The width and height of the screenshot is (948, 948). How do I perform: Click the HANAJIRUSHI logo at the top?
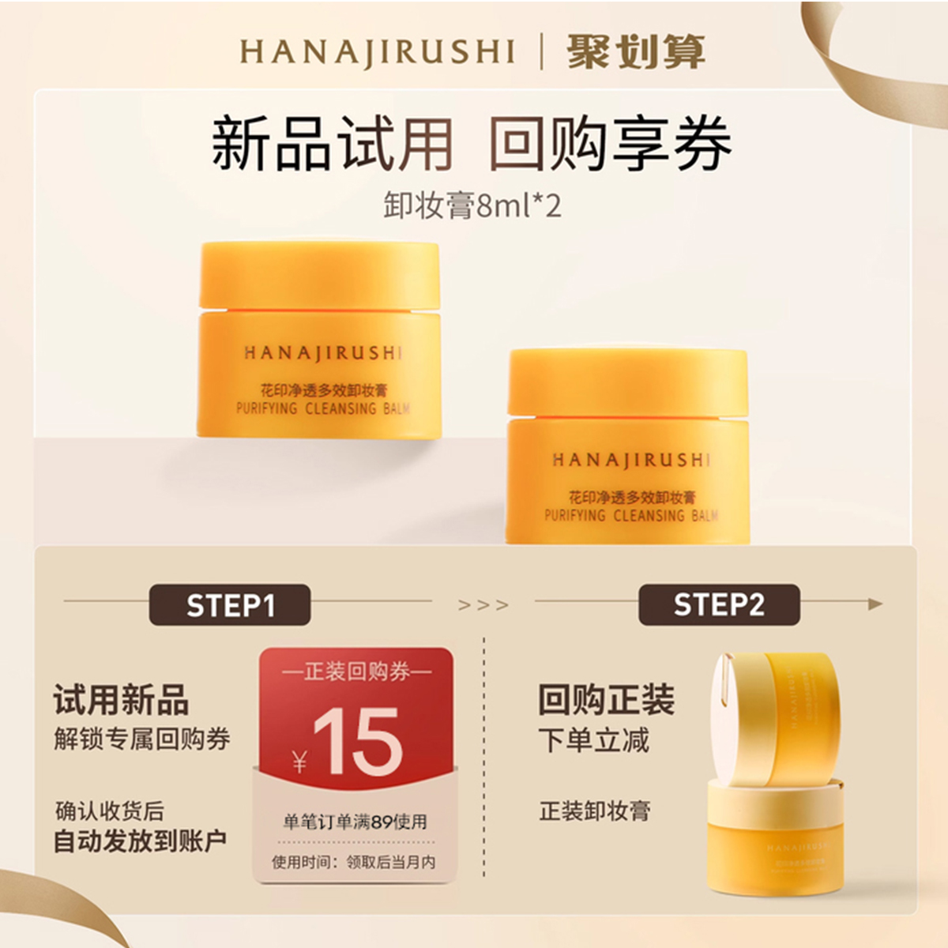[x=377, y=52]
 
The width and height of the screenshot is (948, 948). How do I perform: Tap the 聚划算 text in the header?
[x=635, y=52]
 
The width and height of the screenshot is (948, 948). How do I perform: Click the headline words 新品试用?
[x=332, y=144]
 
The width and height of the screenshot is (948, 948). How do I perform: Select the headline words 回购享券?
[x=610, y=144]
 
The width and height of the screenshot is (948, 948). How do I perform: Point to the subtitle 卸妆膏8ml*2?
[x=472, y=205]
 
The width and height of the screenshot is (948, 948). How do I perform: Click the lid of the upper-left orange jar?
[x=319, y=275]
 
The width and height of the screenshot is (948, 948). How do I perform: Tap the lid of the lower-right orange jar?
[x=628, y=382]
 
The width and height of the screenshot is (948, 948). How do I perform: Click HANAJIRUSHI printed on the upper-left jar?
[x=322, y=353]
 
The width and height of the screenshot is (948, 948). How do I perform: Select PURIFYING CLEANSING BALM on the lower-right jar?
[x=630, y=516]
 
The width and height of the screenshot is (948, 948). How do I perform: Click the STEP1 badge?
[x=230, y=605]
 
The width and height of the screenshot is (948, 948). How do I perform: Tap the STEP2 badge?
[x=719, y=605]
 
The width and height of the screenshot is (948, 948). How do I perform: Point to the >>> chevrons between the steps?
[x=483, y=605]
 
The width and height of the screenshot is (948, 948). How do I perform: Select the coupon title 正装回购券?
[x=357, y=672]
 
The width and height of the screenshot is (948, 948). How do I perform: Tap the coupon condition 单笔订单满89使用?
[x=355, y=822]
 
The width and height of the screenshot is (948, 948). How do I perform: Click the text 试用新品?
[x=121, y=700]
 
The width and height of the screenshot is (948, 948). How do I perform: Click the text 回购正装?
[x=606, y=700]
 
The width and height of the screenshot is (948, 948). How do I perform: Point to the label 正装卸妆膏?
[x=594, y=811]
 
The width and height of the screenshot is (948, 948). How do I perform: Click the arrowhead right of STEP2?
[x=875, y=604]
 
